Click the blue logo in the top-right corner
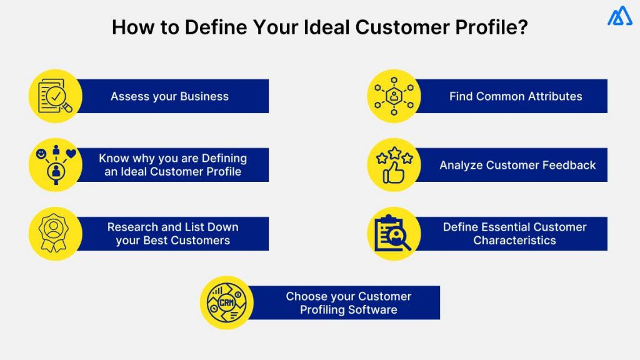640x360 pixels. pos(619,16)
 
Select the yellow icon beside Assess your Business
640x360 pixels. pos(56,96)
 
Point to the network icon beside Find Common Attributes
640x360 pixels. pos(394,96)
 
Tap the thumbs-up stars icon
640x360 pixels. pos(394,165)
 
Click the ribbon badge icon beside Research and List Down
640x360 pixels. pos(56,234)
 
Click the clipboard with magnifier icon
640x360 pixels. pos(394,234)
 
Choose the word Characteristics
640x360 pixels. pos(514,241)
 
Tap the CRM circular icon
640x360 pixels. pos(227,302)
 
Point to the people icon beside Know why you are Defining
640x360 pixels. pos(56,165)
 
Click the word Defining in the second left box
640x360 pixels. pos(222,158)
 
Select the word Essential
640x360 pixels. pos(500,227)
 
